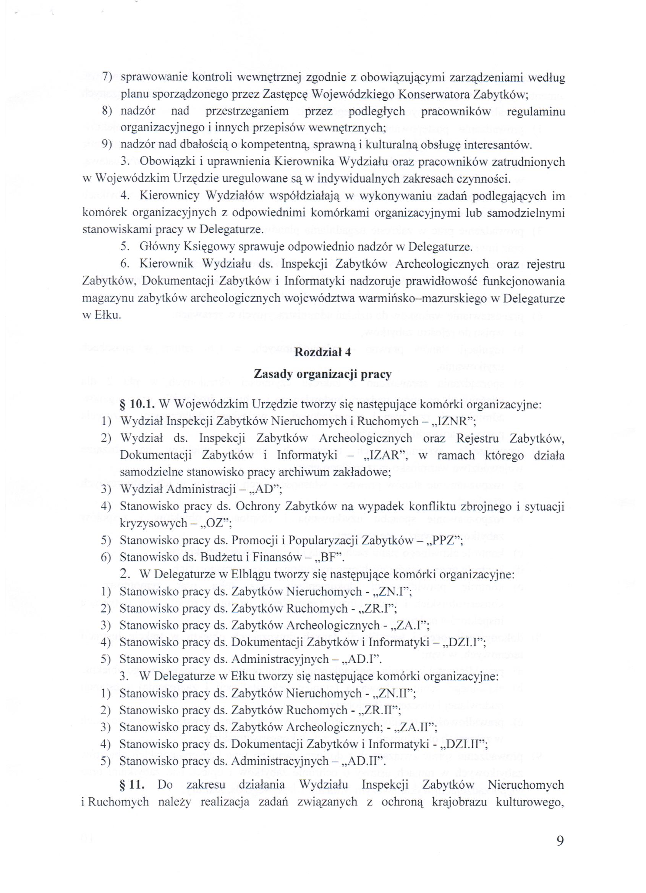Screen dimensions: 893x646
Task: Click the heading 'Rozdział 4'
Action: [x=322, y=353]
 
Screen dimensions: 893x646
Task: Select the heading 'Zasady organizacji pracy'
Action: [x=322, y=374]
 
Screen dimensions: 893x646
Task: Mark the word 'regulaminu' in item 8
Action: [x=536, y=111]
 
